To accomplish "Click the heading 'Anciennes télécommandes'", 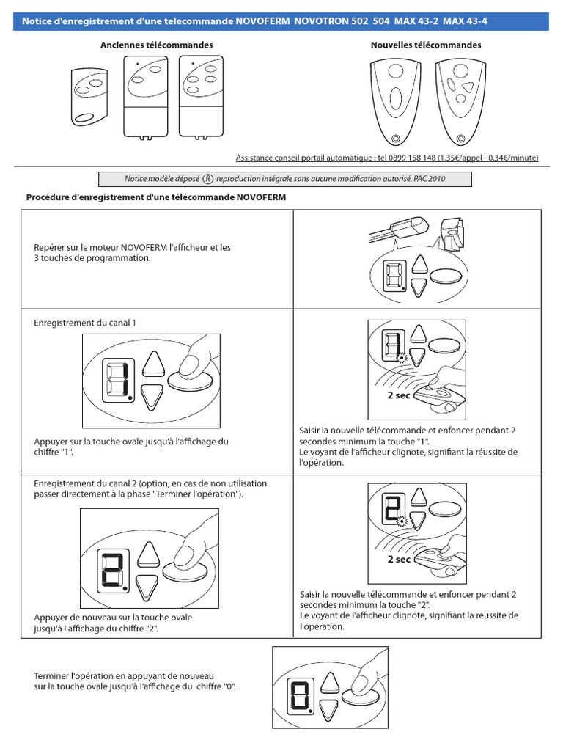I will (x=156, y=45).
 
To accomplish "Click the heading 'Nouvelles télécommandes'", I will (x=426, y=45).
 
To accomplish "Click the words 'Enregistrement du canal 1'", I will (x=85, y=323).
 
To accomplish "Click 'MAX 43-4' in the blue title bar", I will (x=464, y=21).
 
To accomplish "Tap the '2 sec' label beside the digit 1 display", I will (x=400, y=395).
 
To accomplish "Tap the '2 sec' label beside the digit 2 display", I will (x=400, y=559).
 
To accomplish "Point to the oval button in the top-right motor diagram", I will (x=446, y=276).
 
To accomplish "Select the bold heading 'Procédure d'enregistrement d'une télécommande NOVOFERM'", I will (x=156, y=198).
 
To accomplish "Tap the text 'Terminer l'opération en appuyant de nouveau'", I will (x=124, y=675).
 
